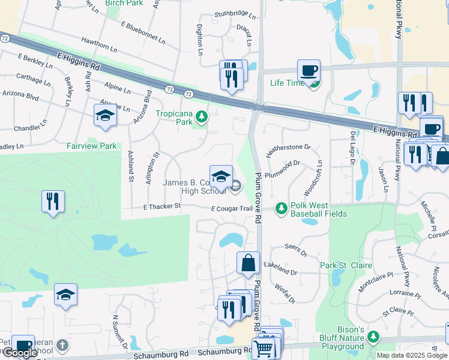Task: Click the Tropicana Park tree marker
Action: tap(202, 116)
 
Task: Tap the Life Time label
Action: tap(287, 83)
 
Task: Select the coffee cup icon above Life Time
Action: tap(309, 70)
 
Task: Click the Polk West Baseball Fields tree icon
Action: tap(280, 208)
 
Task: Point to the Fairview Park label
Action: tap(91, 146)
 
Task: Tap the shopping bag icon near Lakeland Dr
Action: tap(248, 262)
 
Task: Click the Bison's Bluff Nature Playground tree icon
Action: tap(374, 336)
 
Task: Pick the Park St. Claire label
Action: tap(346, 265)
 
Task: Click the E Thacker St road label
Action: tap(161, 206)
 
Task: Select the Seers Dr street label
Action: tap(295, 247)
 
